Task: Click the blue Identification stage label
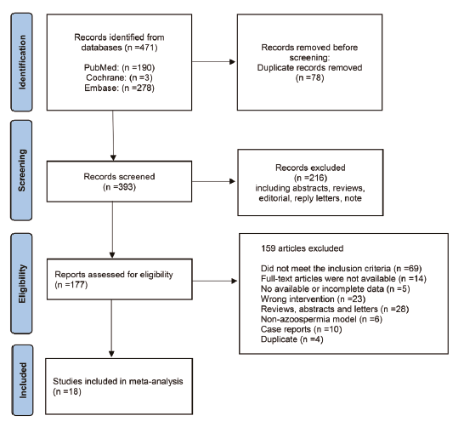point(21,62)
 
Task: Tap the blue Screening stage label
point(21,170)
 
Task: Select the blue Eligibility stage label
point(21,284)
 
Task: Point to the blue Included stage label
point(22,380)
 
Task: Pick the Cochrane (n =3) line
point(119,77)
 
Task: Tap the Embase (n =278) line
point(119,88)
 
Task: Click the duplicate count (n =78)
point(310,78)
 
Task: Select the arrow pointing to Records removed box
point(213,62)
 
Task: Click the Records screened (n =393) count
point(119,187)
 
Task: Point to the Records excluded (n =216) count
point(310,178)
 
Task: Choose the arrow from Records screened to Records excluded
point(213,181)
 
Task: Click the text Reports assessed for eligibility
point(114,275)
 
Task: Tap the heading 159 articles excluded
point(303,248)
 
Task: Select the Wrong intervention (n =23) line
point(313,299)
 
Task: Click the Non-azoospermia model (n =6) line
point(321,319)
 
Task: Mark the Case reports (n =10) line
point(301,329)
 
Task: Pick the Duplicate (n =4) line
point(291,339)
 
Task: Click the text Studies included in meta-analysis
point(118,381)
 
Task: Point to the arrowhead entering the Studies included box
point(111,354)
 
